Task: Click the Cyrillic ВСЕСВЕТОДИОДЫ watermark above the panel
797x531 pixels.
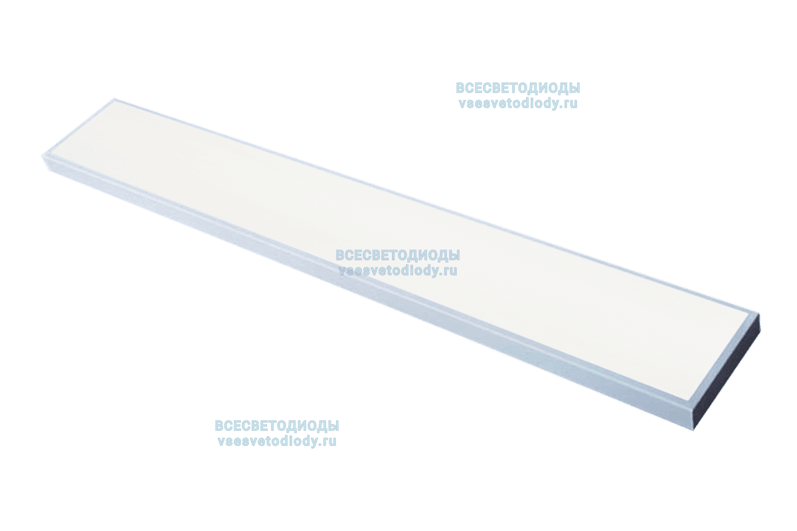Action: [x=518, y=88]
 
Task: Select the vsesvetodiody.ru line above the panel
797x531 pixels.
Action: [x=518, y=104]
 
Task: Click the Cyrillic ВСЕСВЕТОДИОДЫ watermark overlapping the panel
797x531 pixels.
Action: [x=398, y=256]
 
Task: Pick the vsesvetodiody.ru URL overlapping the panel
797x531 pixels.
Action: [x=398, y=271]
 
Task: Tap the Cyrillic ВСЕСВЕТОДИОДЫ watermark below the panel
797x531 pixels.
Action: [x=277, y=425]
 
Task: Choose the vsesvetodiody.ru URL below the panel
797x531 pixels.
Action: [x=277, y=441]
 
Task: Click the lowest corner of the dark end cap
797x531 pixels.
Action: [x=694, y=430]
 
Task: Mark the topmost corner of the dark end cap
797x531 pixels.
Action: [x=758, y=315]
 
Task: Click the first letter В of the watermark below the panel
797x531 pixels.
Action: [x=220, y=425]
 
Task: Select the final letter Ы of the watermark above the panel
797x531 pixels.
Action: [x=575, y=88]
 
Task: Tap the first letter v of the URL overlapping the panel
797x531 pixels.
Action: [x=342, y=271]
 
